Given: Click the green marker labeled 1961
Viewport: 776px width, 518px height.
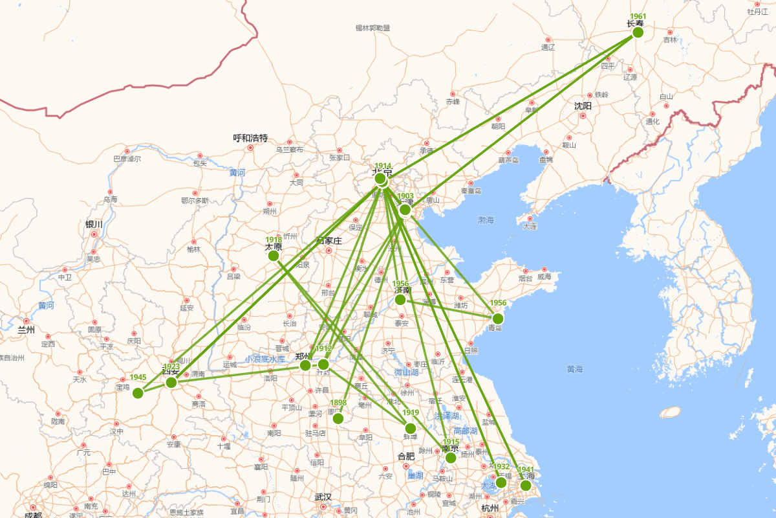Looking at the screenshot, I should click(638, 32).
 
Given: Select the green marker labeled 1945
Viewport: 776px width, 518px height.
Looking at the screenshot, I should click(138, 393).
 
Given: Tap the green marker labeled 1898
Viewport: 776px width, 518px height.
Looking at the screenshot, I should click(338, 418).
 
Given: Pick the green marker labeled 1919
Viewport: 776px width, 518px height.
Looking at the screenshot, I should click(410, 428).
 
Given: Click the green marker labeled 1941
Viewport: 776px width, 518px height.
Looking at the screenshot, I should click(526, 485).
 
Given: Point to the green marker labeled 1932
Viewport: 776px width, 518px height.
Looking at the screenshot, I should click(501, 482).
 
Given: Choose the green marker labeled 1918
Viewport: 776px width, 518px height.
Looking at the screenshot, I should click(274, 256).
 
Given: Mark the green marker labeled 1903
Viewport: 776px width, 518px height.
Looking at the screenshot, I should click(405, 210).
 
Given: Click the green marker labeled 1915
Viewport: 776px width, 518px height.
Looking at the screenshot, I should click(451, 458).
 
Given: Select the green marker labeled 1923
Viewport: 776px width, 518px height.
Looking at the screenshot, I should click(171, 382).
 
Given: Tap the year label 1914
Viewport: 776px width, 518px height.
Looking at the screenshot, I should click(383, 166).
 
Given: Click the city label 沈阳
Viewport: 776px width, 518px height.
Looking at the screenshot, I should click(583, 106).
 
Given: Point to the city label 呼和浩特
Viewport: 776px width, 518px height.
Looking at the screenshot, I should click(250, 138).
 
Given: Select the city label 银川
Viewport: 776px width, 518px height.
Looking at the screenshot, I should click(94, 224).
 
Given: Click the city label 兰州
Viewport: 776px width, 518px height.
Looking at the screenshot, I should click(26, 330).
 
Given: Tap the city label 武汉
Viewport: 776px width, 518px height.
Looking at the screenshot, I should click(323, 497).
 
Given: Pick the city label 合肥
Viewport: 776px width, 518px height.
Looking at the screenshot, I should click(406, 456).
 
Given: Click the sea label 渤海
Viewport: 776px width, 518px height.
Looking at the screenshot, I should click(486, 220).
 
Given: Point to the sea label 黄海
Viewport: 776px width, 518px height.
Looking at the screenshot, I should click(574, 369).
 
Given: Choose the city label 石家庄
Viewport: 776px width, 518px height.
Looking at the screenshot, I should click(329, 241).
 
